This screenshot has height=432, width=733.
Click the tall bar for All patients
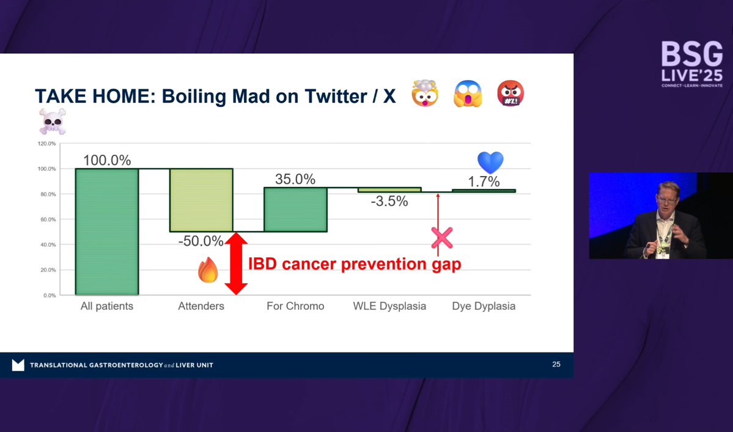tap(107, 232)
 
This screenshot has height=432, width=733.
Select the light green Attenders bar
tap(201, 200)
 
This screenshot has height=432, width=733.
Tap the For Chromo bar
tap(295, 210)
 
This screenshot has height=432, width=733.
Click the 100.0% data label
tap(107, 161)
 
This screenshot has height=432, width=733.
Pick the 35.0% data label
tap(295, 180)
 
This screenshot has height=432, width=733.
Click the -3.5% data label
tap(389, 200)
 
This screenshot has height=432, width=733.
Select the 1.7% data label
tap(484, 181)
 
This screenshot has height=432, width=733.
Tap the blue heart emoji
tap(490, 163)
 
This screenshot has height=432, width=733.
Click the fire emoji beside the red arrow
tap(208, 270)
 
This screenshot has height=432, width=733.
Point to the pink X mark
tap(442, 238)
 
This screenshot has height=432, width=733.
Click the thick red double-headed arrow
tap(236, 263)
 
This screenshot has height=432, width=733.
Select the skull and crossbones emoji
tap(52, 122)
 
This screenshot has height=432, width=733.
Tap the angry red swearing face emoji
tap(510, 94)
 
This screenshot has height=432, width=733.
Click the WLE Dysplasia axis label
tap(389, 306)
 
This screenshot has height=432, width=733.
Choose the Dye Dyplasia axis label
tap(484, 306)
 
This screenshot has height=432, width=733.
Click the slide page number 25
tap(556, 365)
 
